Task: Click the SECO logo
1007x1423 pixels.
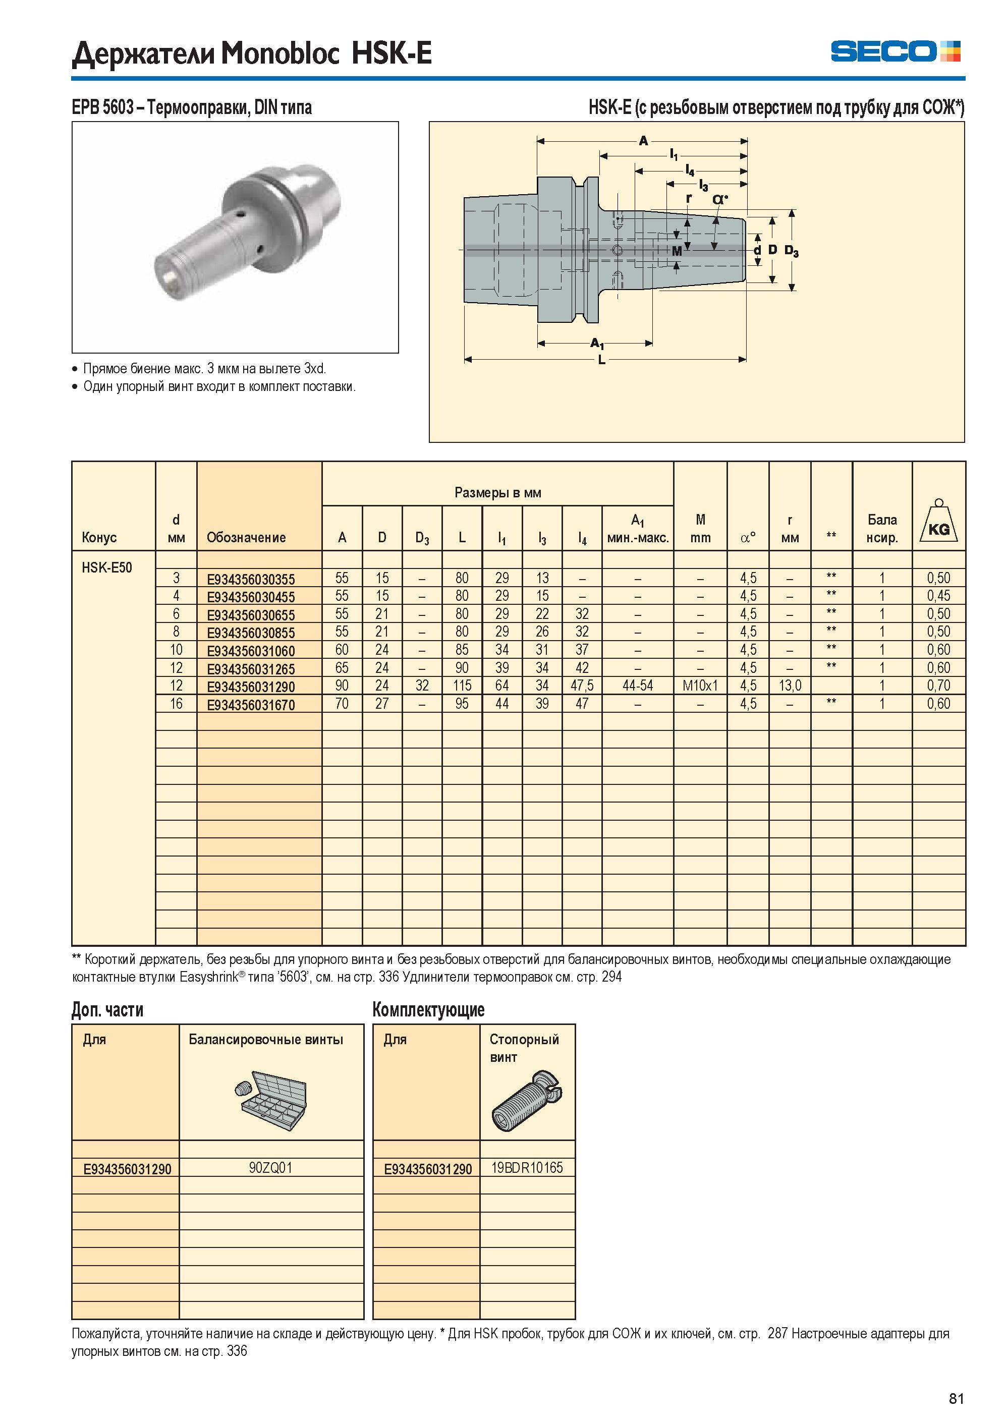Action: (x=896, y=51)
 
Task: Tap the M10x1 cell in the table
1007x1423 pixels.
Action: (x=700, y=686)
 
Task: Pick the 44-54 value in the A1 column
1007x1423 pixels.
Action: (x=637, y=686)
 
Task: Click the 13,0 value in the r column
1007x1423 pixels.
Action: (x=790, y=686)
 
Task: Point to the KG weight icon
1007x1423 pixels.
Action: (x=939, y=522)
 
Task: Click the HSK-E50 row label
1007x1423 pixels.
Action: (x=106, y=568)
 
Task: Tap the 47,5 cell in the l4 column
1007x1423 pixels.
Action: (x=582, y=686)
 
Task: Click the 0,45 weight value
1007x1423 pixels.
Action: (x=939, y=596)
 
